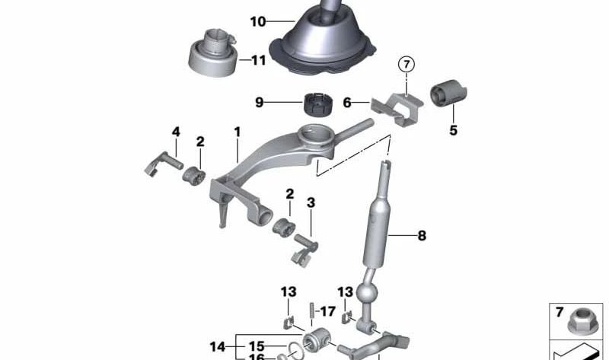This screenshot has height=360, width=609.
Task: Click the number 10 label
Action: pos(257,22)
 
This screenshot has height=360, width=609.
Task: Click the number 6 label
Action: pos(346,100)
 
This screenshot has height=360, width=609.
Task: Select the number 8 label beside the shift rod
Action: pos(421,236)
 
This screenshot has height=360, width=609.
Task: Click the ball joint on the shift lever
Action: pos(369,293)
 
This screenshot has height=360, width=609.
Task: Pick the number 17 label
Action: pos(327,311)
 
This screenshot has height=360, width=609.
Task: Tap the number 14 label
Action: pos(218,346)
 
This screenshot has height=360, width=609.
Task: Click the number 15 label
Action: pos(257,346)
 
